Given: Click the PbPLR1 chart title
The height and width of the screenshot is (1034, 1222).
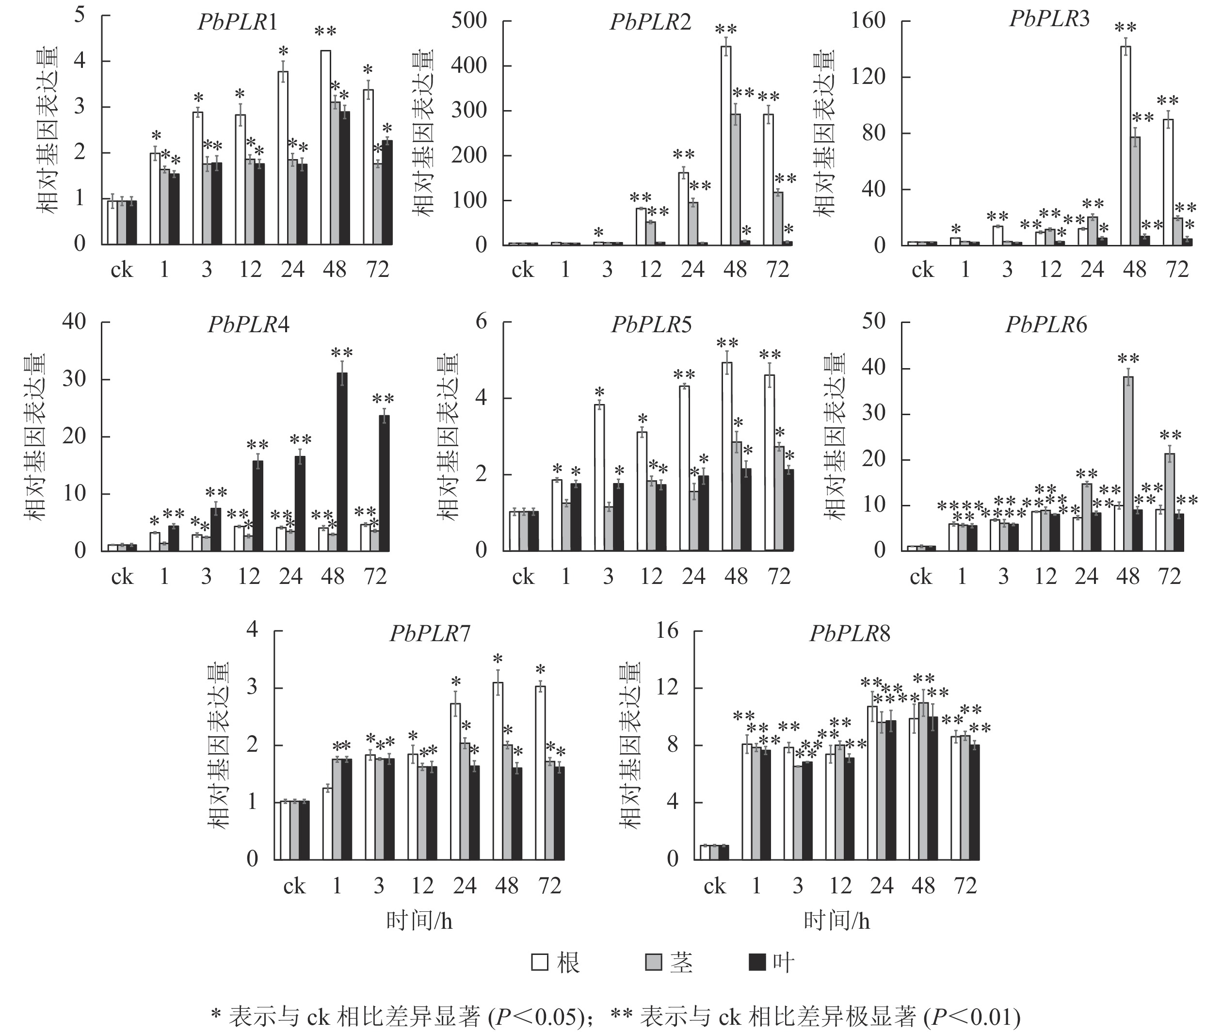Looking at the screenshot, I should [237, 22].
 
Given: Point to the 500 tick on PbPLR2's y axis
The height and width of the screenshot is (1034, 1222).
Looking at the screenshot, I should [469, 21].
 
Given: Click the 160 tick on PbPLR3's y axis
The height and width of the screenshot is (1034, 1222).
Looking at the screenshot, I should [868, 21].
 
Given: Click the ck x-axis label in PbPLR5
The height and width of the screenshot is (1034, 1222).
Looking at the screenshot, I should [523, 577].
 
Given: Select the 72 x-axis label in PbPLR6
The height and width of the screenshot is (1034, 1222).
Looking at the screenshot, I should [1169, 577].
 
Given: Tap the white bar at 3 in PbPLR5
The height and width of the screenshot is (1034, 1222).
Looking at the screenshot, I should [599, 477].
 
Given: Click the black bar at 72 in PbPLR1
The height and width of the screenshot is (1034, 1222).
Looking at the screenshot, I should [387, 192].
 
